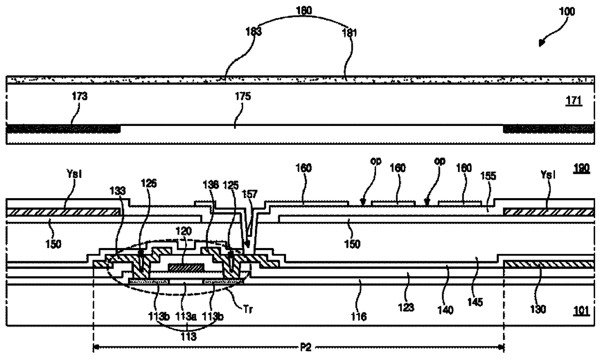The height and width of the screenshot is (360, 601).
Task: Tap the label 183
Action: tap(253, 33)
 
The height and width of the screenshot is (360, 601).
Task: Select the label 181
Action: tap(349, 33)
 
